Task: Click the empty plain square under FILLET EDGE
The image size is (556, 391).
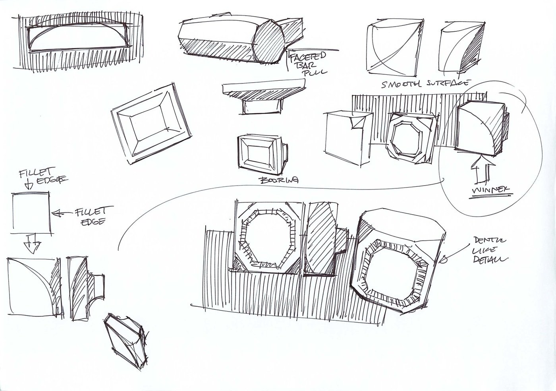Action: point(31,213)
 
